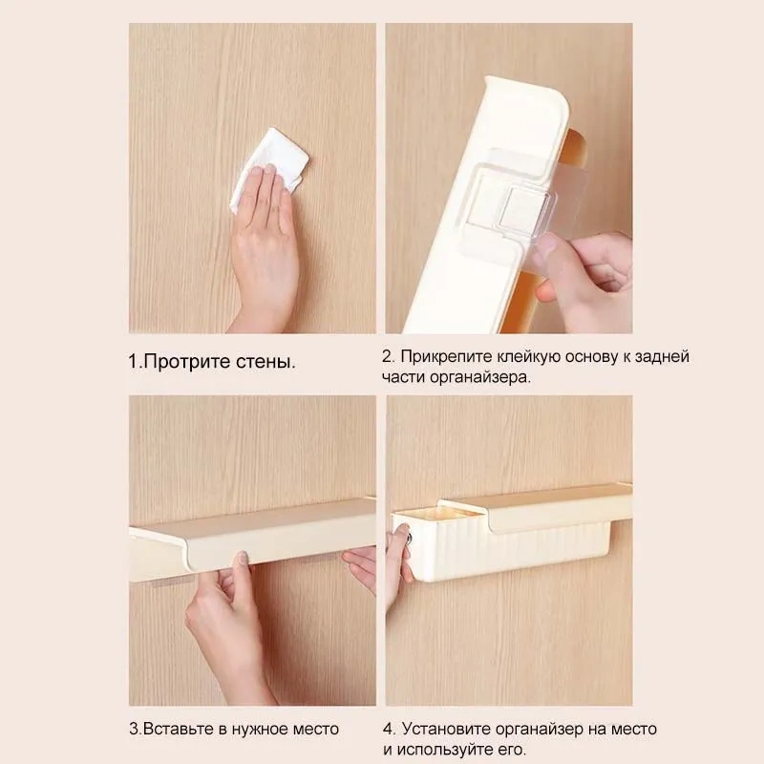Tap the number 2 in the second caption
point(387,356)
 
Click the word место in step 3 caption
point(311,729)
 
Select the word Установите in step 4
point(448,729)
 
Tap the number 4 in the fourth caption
point(386,729)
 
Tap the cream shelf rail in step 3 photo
point(258,535)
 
